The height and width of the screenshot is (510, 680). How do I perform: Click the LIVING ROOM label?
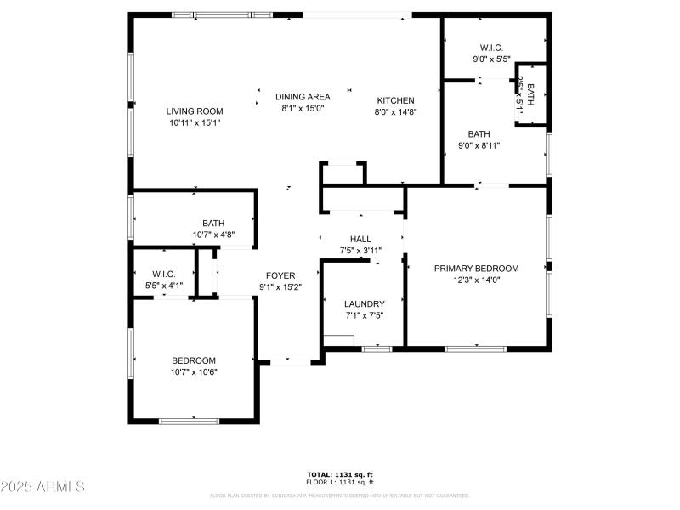194,111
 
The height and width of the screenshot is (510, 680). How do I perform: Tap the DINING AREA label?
302,97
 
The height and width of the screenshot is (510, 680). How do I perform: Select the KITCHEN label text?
395,100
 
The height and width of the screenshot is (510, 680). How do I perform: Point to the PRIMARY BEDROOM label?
476,269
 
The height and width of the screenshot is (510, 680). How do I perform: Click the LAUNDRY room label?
364,304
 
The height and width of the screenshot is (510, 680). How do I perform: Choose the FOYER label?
280,275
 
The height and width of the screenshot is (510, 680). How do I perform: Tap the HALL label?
360,239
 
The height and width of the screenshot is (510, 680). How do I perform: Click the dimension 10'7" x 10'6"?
194,371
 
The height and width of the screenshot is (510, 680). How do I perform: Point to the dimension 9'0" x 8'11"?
479,145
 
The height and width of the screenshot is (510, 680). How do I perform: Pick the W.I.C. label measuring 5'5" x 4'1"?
163,274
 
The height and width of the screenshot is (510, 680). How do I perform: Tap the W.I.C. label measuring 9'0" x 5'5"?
491,48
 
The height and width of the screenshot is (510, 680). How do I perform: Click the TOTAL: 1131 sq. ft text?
340,474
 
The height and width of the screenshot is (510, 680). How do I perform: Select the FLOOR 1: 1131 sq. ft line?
340,482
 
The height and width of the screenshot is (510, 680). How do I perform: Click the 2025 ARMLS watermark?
42,487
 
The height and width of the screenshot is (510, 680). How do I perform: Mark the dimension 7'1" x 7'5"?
364,315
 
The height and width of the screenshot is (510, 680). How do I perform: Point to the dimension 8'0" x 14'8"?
395,111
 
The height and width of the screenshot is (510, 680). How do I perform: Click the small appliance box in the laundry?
338,343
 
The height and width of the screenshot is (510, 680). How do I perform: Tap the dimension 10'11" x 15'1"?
194,122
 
